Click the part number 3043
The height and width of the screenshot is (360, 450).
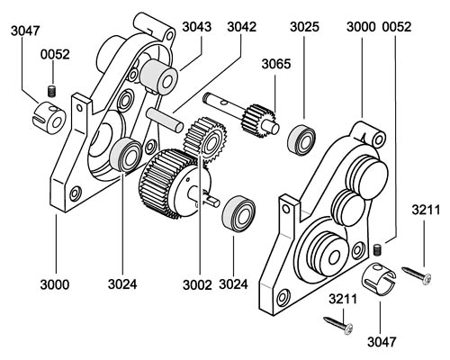[197, 27]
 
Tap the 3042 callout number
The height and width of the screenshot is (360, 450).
[241, 27]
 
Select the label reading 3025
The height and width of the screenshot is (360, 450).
[304, 27]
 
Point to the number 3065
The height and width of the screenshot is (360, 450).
[276, 64]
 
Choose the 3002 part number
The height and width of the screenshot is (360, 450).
[197, 284]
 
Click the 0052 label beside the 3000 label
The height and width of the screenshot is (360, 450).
[396, 27]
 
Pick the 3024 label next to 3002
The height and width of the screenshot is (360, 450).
[233, 284]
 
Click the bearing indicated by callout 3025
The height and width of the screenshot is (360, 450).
[301, 139]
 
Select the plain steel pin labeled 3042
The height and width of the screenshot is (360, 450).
[165, 121]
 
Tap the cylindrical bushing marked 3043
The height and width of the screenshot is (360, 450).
[158, 77]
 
